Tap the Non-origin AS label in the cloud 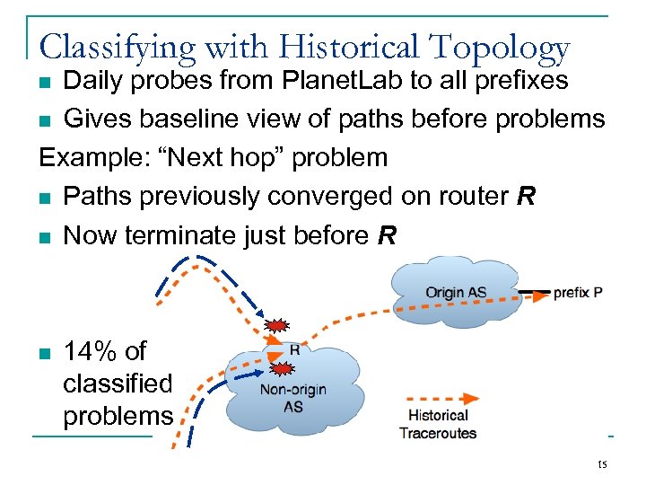pos(292,398)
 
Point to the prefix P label pos(578,293)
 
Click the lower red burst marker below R pos(283,368)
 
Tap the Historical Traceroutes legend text pos(438,424)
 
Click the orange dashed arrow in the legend pos(441,399)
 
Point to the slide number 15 pos(602,464)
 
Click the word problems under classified pos(118,416)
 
